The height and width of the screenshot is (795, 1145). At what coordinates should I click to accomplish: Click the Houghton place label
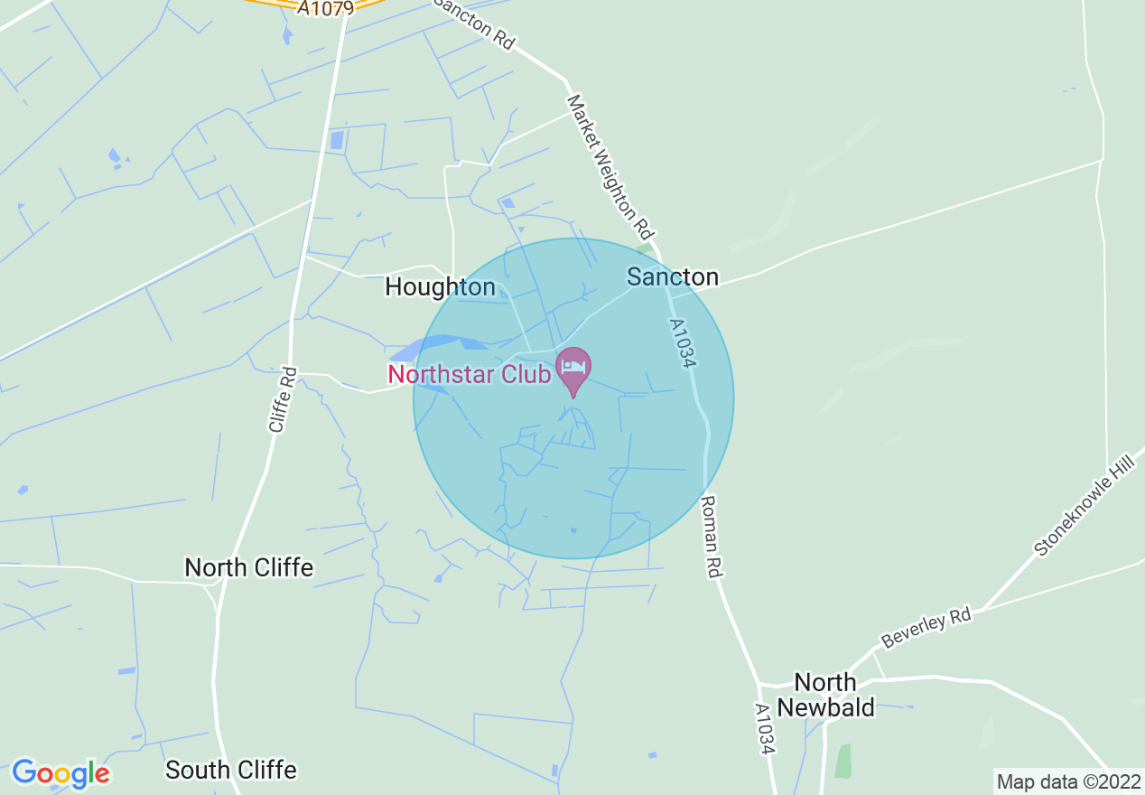coord(440,287)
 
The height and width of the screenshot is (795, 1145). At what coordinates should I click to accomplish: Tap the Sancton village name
coord(673,276)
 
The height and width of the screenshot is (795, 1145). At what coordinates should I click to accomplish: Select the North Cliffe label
coord(248,567)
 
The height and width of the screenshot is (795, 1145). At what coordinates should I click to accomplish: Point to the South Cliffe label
coord(231,770)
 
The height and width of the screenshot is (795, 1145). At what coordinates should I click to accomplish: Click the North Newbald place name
coord(825,694)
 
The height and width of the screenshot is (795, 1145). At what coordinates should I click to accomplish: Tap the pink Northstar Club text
coord(469,374)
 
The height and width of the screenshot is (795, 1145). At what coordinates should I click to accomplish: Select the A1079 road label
coord(325,8)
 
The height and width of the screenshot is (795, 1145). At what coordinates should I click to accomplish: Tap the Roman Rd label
coord(714,537)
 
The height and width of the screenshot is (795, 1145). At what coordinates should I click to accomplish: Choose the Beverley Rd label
coord(926,628)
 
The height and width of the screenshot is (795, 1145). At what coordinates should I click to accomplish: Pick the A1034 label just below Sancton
coord(684,342)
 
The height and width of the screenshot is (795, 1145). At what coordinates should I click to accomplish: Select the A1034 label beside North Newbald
coord(765,729)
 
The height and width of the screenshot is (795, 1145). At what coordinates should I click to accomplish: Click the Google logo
coord(61,773)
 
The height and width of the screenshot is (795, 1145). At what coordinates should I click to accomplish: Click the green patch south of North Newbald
coord(842,761)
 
